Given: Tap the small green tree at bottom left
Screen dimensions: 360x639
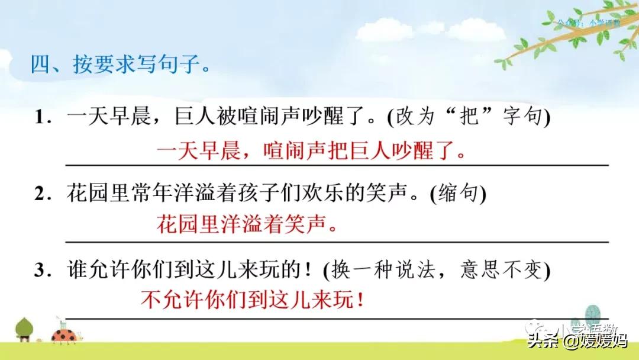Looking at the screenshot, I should pyautogui.click(x=24, y=329).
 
